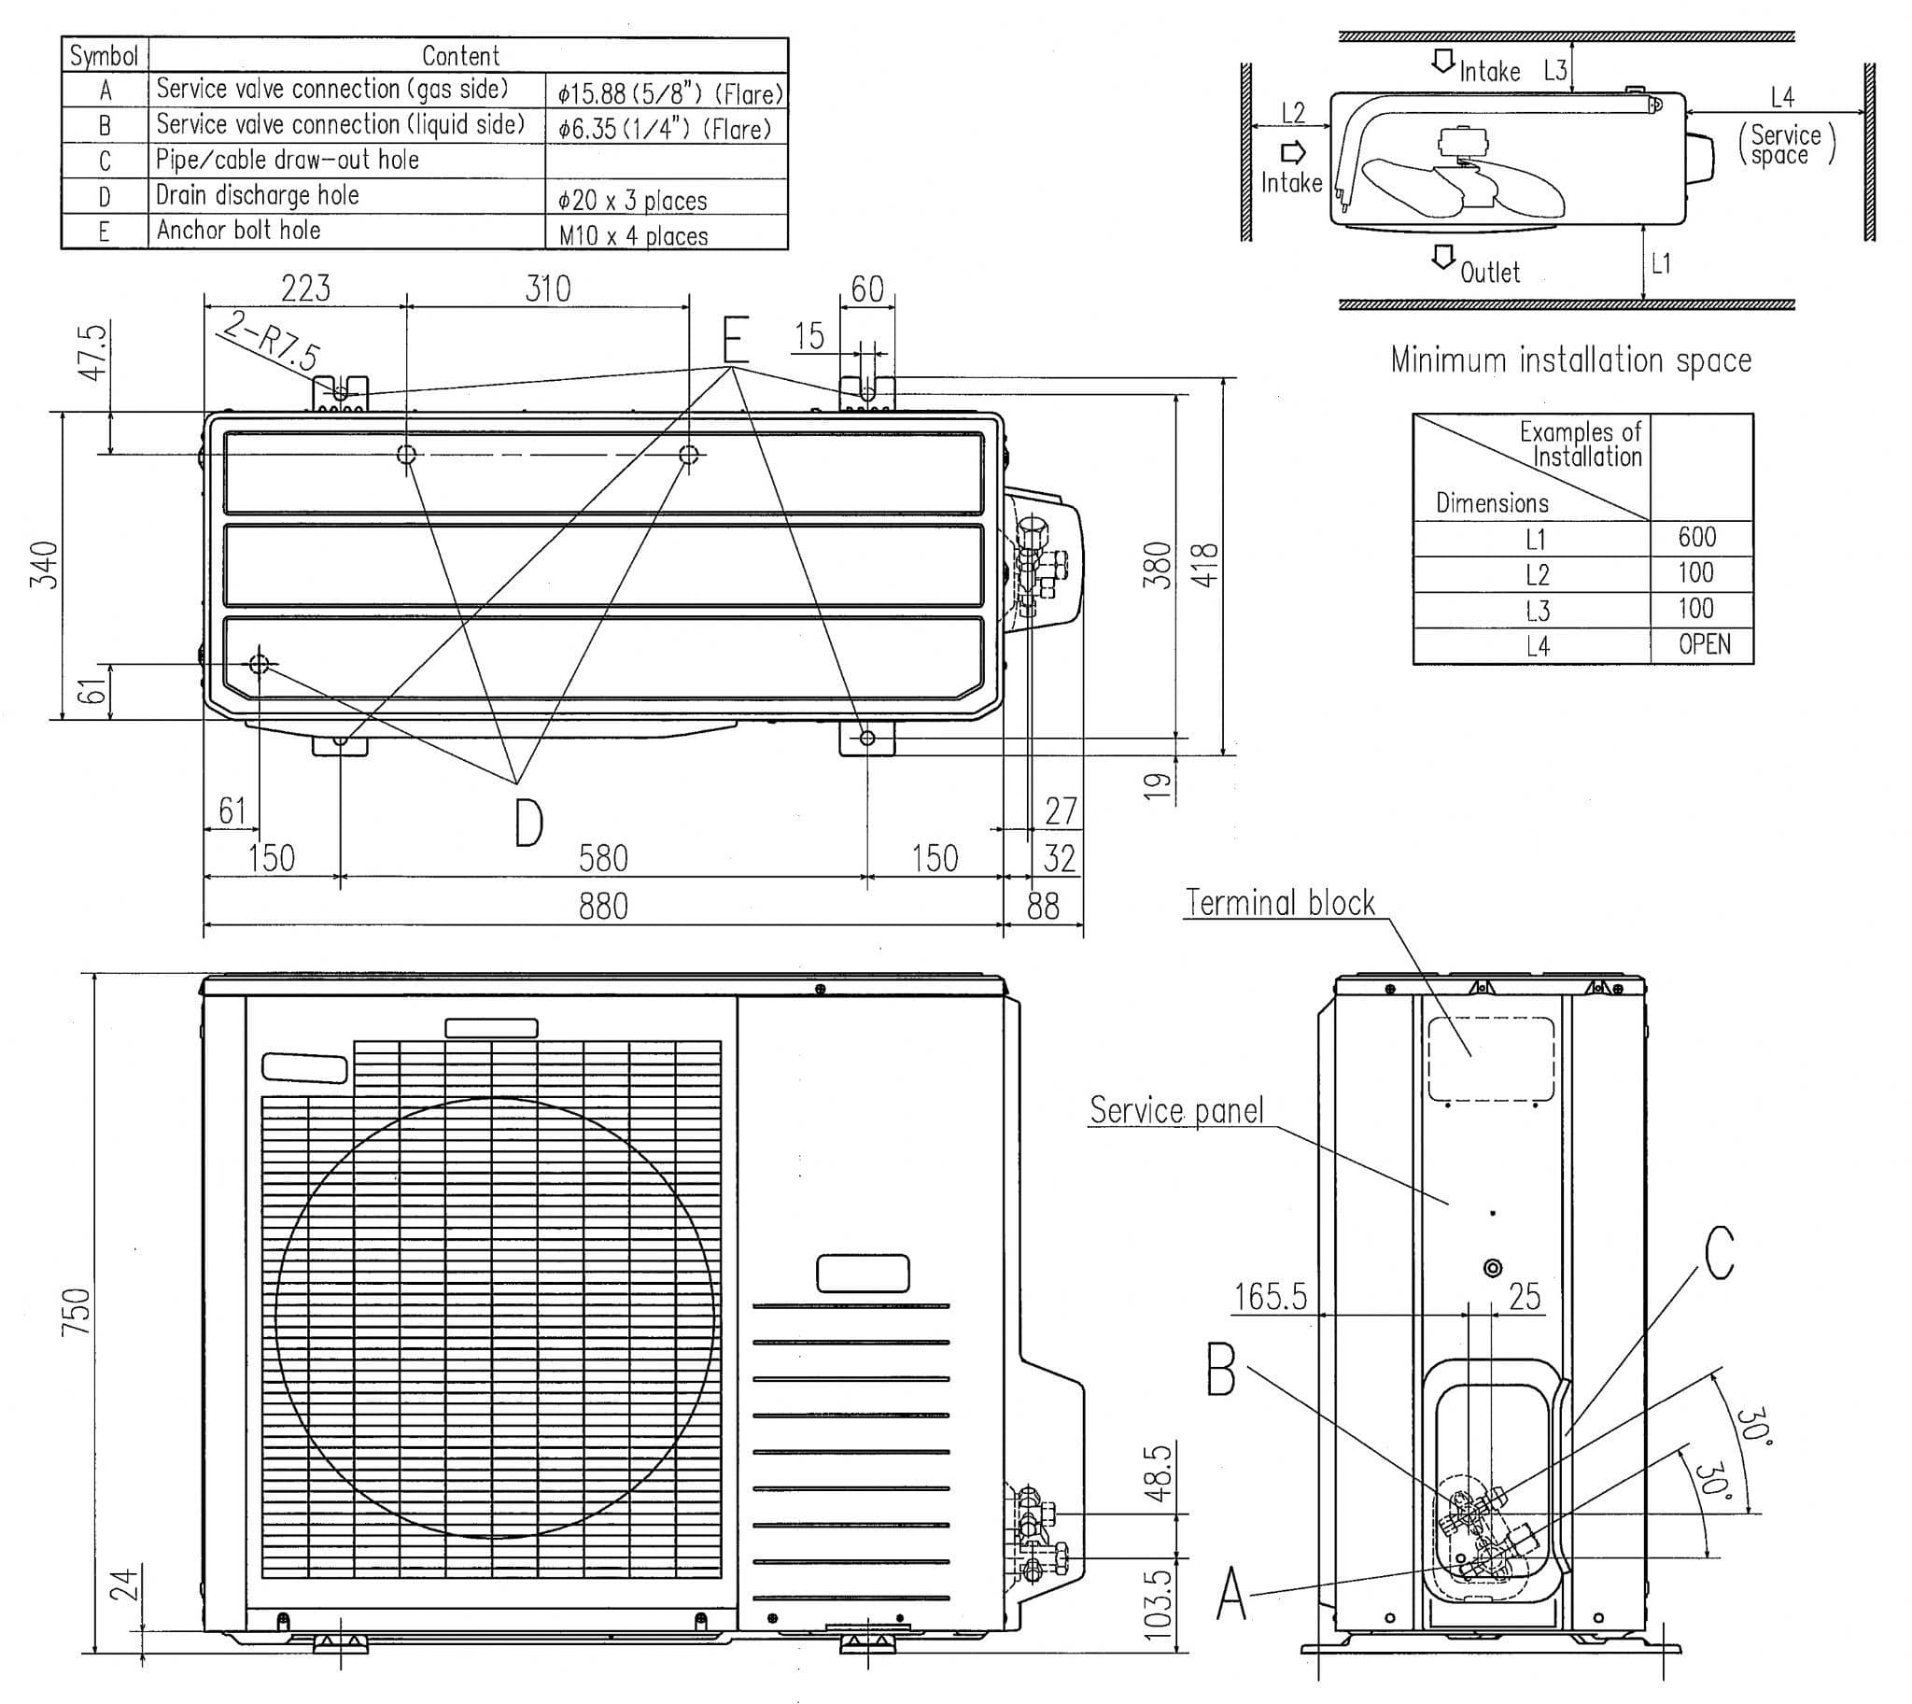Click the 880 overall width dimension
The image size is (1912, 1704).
(603, 907)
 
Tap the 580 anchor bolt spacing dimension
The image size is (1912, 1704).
(603, 858)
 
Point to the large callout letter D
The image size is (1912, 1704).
(528, 822)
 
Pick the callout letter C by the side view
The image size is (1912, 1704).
(1719, 1253)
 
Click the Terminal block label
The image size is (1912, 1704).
(1280, 903)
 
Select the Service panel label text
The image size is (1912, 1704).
(1176, 1110)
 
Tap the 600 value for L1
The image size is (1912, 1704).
(1696, 538)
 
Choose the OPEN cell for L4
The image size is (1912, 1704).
(1704, 644)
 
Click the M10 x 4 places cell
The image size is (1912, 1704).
(633, 236)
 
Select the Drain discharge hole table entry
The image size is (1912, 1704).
(258, 196)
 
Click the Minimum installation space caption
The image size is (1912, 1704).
(1570, 360)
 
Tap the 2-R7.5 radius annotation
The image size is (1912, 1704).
(272, 340)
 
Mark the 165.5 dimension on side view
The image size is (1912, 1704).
(1270, 1297)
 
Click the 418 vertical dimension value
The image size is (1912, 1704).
(1209, 566)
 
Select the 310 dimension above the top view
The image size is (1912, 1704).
(548, 289)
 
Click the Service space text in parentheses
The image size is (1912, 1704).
(1786, 145)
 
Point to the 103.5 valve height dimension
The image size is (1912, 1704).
(1159, 1604)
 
